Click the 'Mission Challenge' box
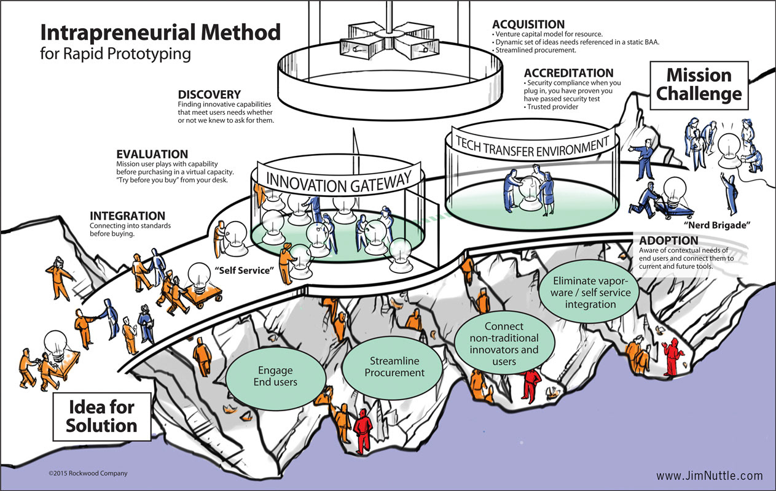click(x=699, y=85)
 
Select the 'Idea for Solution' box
click(x=102, y=416)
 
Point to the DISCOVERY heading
click(x=209, y=95)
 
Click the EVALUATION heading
click(x=152, y=154)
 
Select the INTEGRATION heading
click(x=127, y=216)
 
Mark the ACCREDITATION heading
click(x=568, y=73)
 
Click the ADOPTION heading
click(x=668, y=241)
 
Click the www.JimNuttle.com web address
click(x=709, y=476)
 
